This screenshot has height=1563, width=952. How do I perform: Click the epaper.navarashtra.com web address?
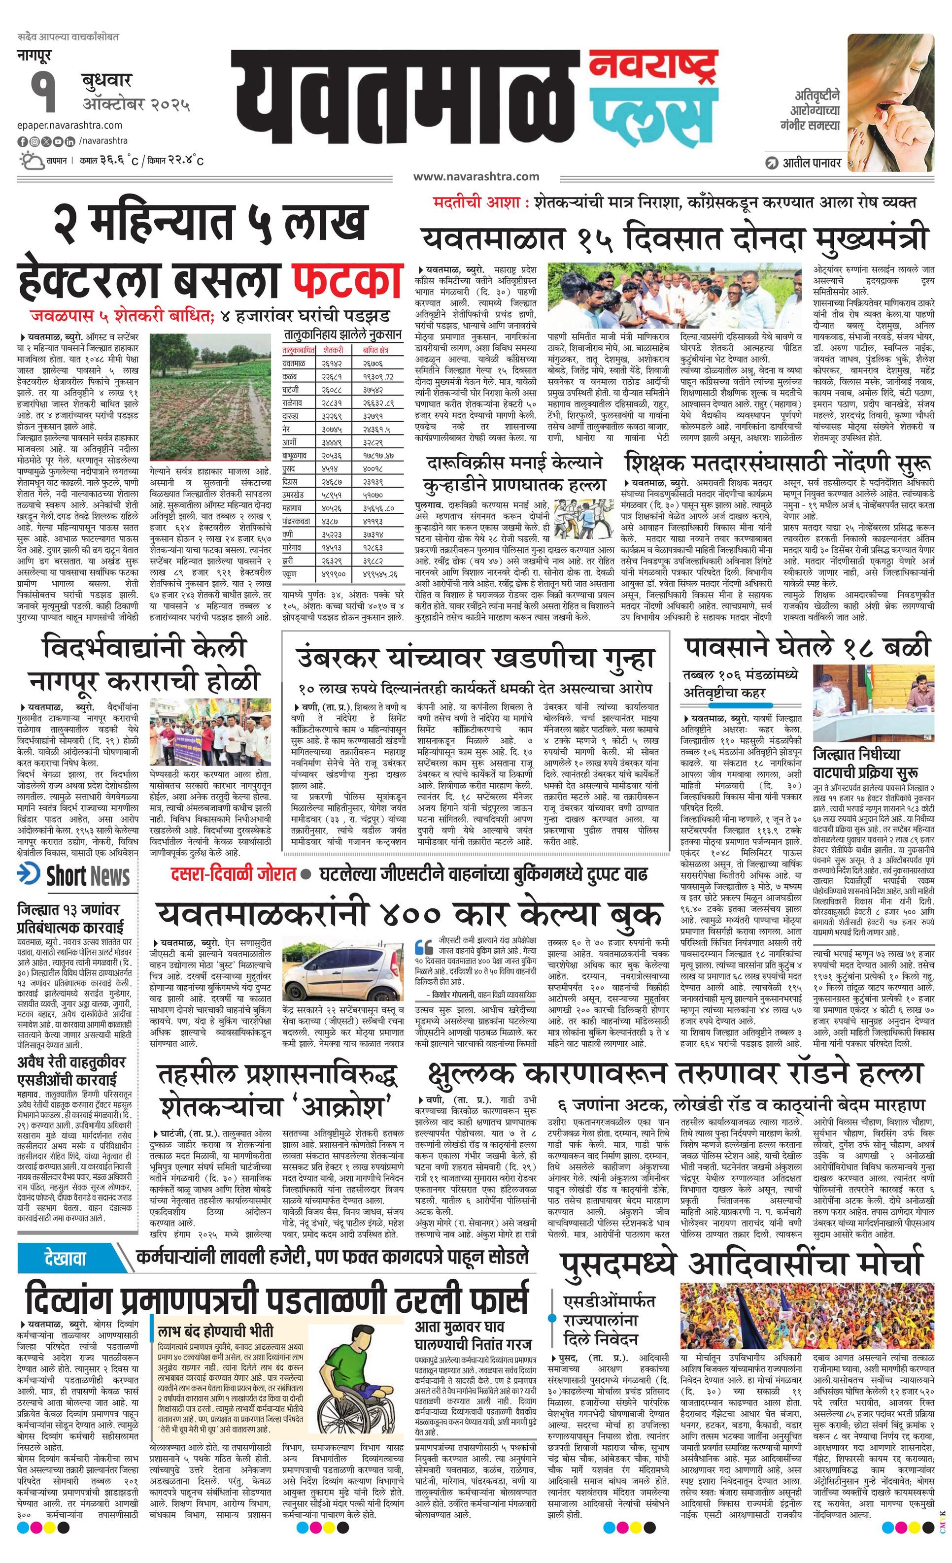[x=70, y=125]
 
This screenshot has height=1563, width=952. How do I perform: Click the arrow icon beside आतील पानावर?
[x=771, y=163]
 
